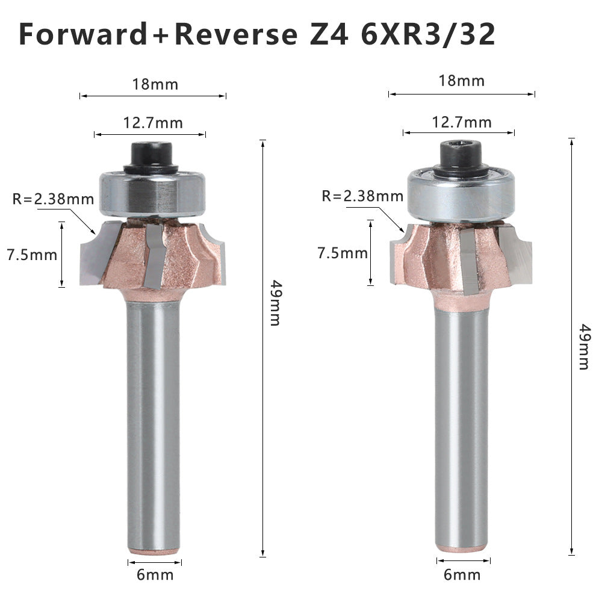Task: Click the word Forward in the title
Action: click(x=83, y=34)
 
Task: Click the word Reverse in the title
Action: click(x=236, y=34)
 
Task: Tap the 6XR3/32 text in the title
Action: click(x=428, y=34)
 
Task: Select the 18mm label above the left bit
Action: click(x=155, y=84)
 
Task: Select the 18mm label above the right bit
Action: click(x=462, y=81)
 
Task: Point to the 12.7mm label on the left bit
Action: click(x=153, y=123)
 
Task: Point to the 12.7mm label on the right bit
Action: click(x=462, y=122)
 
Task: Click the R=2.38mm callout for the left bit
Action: click(x=54, y=199)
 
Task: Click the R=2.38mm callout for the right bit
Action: click(x=362, y=196)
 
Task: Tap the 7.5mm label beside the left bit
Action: click(x=32, y=255)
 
